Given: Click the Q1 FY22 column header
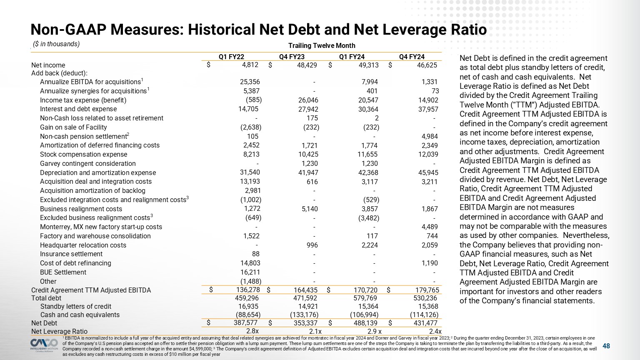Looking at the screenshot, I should (231, 57).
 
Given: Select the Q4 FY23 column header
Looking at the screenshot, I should (292, 57).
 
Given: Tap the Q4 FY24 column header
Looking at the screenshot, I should (412, 57).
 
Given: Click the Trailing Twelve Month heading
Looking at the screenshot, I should (322, 45).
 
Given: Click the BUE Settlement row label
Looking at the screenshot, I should (63, 272).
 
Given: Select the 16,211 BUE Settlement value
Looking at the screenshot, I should (250, 272).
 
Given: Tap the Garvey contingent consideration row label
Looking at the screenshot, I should (87, 163).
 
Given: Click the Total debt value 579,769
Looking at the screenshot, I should (365, 298).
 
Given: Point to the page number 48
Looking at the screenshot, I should (606, 346).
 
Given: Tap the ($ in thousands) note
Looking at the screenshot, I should (56, 44).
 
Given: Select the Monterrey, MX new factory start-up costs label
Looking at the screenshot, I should (101, 227).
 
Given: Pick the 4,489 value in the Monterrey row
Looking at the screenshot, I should (430, 227).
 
